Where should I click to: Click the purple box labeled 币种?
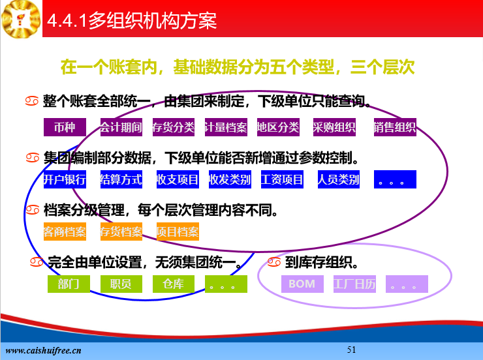point(65,127)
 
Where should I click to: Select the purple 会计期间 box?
point(121,127)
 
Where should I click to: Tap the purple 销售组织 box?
point(395,127)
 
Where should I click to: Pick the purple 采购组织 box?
point(334,127)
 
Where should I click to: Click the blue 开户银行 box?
point(65,179)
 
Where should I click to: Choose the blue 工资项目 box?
point(282,179)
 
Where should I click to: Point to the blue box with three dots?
point(395,179)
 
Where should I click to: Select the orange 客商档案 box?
point(65,232)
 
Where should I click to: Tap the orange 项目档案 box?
point(178,232)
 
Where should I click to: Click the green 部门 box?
point(69,284)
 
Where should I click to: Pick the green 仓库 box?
point(174,284)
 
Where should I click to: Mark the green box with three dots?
point(226,284)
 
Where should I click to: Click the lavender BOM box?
point(302,284)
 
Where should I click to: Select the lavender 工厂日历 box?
point(354,284)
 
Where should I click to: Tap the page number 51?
point(351,350)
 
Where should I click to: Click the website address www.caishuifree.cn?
point(44,351)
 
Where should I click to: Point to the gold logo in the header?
point(21,19)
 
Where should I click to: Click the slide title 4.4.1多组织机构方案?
point(132,21)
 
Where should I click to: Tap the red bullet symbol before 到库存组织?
point(274,262)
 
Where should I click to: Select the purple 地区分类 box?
point(278,127)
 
